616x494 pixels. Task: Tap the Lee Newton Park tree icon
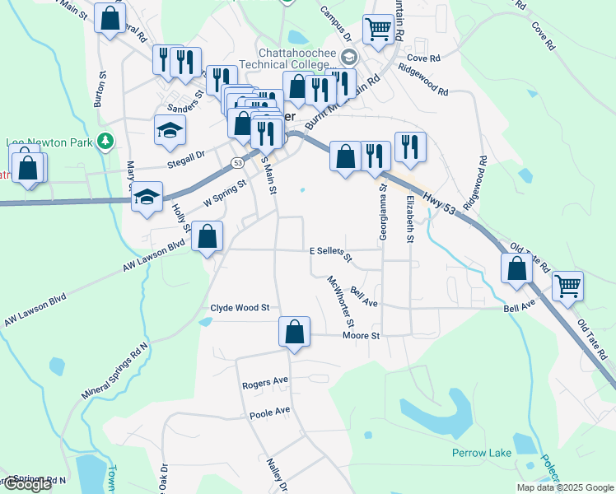[105, 142]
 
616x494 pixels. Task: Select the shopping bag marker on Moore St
[294, 332]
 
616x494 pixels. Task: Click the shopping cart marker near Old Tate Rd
[567, 287]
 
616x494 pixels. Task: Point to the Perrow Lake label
[482, 453]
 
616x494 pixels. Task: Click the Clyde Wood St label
[240, 308]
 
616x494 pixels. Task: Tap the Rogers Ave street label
[264, 384]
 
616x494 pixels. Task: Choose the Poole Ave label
[270, 412]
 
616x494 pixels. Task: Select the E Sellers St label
[330, 253]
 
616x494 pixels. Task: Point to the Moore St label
[361, 336]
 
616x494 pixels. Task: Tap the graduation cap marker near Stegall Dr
[169, 130]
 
